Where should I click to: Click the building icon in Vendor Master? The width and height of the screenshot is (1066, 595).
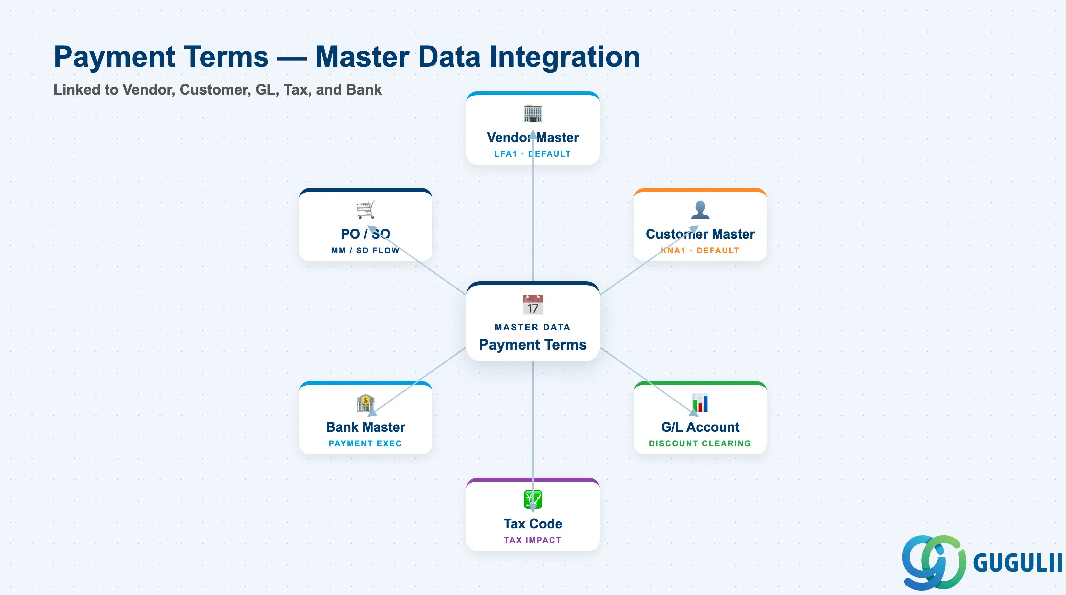[x=533, y=113]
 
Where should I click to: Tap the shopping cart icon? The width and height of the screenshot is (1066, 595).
[x=366, y=210]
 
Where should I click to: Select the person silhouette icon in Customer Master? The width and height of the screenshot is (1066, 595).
[x=700, y=209]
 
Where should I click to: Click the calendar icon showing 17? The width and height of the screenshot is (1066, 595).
[x=533, y=305]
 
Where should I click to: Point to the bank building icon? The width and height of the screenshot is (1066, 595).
[x=366, y=403]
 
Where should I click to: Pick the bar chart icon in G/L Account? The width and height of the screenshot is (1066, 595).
[x=700, y=403]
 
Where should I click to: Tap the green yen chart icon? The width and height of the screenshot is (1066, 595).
[x=533, y=499]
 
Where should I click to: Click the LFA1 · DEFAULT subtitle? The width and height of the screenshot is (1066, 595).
[x=533, y=154]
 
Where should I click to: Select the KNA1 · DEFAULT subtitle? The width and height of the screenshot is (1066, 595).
[x=700, y=250]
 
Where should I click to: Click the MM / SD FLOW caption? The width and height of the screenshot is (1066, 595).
[x=365, y=250]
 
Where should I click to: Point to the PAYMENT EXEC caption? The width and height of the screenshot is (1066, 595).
[x=365, y=443]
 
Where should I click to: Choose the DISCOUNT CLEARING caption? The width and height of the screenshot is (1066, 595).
[x=700, y=443]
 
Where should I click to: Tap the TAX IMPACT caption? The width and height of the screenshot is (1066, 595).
[x=533, y=540]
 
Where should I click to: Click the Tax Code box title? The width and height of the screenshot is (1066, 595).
[x=533, y=524]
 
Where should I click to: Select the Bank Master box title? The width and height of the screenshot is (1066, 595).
[x=366, y=427]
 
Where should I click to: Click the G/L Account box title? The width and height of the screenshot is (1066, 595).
[x=700, y=427]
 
